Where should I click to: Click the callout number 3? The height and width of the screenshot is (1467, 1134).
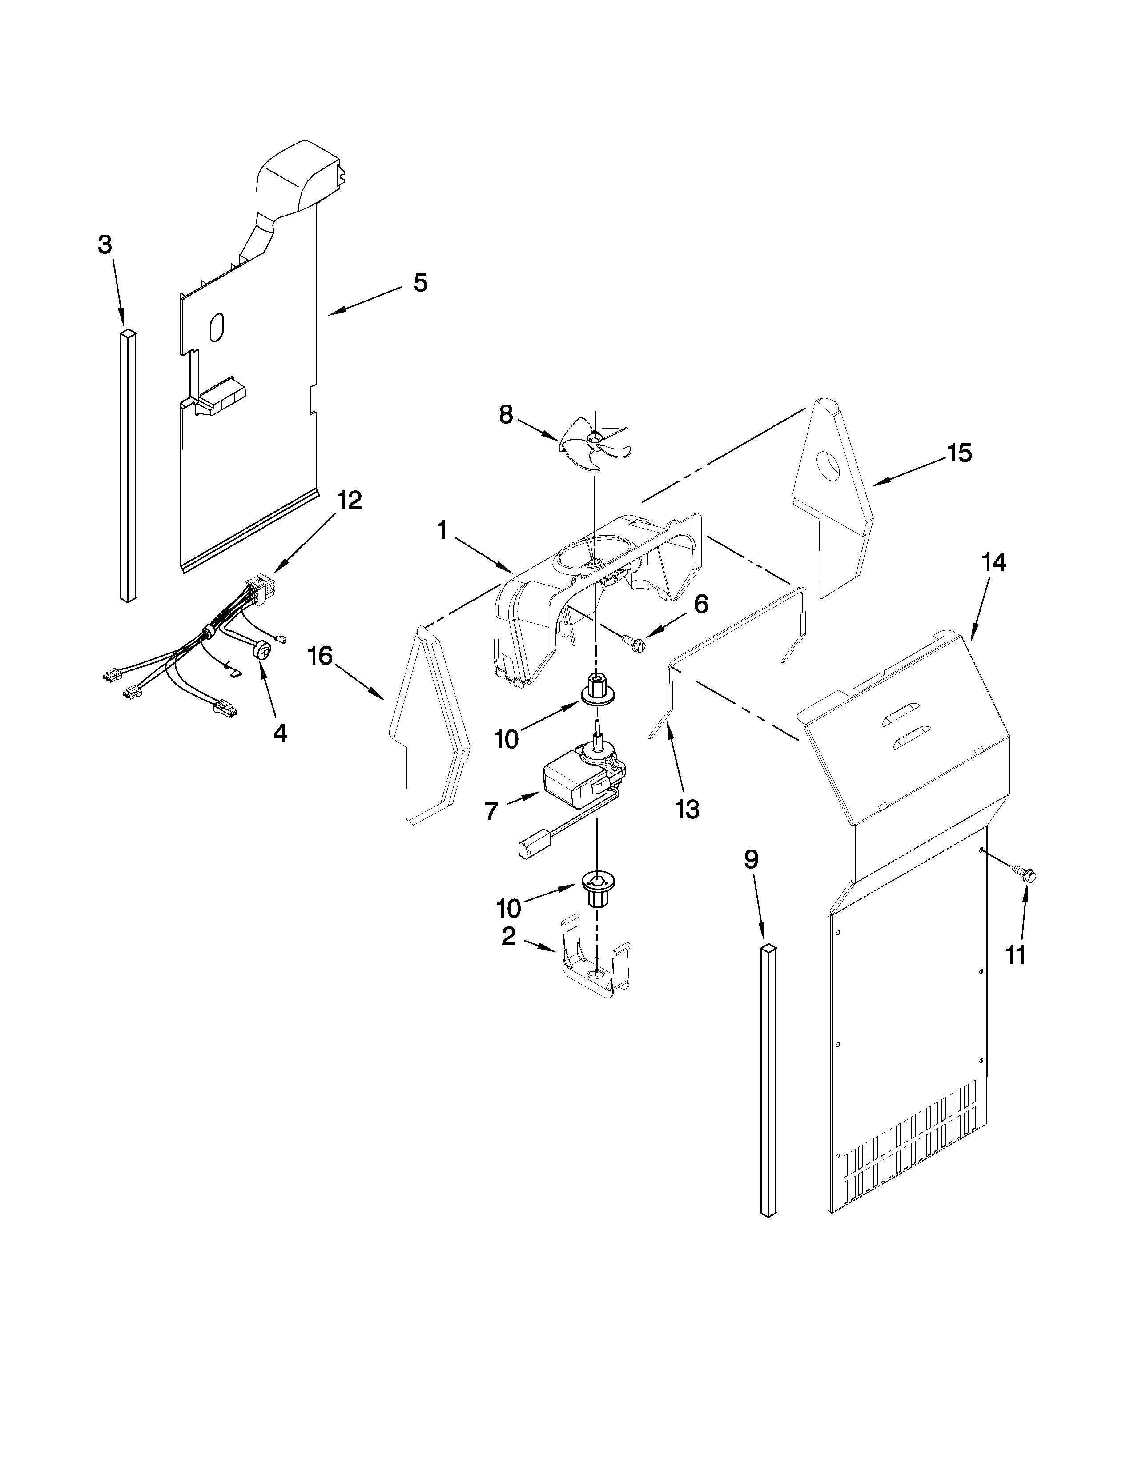click(105, 245)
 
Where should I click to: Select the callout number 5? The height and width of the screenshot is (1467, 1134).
click(420, 283)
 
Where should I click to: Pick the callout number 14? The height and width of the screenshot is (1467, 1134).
click(994, 563)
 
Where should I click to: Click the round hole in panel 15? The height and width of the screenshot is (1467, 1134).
click(828, 465)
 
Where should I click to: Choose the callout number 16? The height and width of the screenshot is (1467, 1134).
click(321, 656)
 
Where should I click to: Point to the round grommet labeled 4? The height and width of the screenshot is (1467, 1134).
click(263, 649)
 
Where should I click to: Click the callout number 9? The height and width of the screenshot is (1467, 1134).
click(752, 859)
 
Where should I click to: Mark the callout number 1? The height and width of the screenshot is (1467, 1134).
click(442, 531)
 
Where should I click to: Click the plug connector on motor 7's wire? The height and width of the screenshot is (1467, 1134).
click(534, 848)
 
